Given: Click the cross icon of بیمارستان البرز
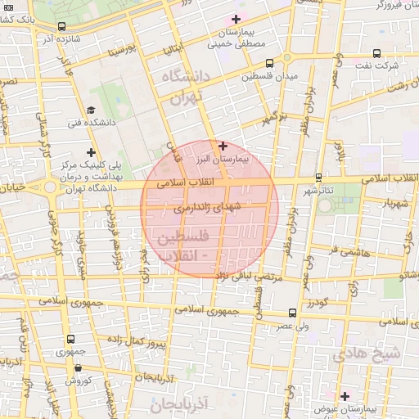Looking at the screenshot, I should [223, 145].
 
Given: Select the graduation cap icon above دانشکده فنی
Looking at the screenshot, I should [90, 110].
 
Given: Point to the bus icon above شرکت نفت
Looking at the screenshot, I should [376, 51].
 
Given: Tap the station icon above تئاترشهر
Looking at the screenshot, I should [318, 177].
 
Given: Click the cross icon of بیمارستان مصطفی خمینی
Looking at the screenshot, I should [237, 18].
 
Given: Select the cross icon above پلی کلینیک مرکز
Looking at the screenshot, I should [91, 152].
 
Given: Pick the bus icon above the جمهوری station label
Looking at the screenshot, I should [71, 339].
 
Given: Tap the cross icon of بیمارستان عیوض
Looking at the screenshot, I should [345, 395].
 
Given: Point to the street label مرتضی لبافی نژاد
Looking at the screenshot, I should [246, 279].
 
